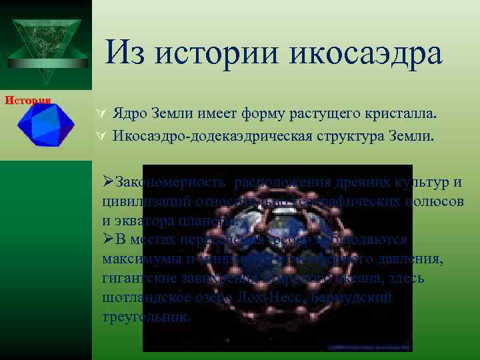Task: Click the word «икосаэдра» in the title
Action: (365, 53)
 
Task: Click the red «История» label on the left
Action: (29, 101)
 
